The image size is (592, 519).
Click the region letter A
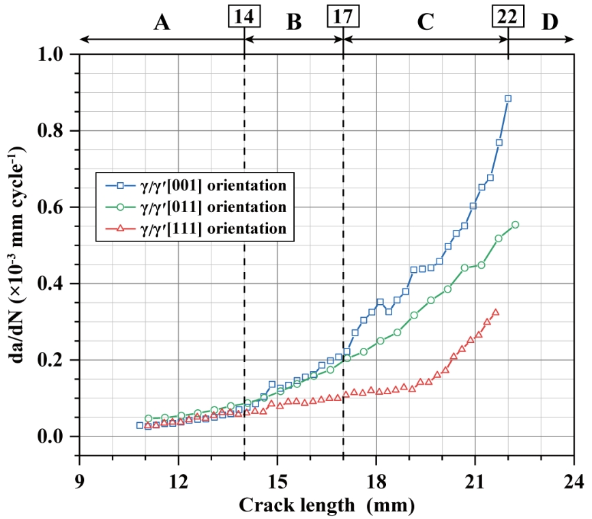161,23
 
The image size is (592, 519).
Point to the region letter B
294,23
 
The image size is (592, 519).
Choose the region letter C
426,23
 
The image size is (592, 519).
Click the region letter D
550,23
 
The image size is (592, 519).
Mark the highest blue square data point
508,98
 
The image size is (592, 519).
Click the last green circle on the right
515,224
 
